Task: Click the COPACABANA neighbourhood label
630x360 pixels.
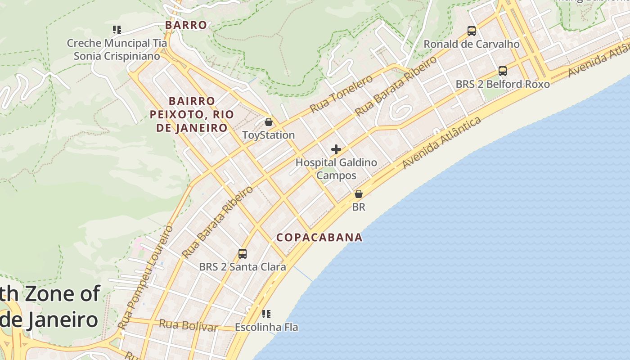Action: [319, 237]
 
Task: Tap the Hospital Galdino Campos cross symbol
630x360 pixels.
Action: [336, 149]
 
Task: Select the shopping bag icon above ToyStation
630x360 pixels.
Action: [269, 122]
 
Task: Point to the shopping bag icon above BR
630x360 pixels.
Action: [359, 194]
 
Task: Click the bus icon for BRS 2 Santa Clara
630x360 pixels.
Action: [243, 254]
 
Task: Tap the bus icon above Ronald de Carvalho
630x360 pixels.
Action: [472, 31]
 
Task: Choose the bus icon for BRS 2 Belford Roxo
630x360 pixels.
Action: [503, 71]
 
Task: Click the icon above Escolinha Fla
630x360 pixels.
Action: [266, 314]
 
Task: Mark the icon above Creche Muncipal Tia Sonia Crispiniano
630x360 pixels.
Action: [117, 30]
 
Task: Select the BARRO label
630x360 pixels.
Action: [186, 25]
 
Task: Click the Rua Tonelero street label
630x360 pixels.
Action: [342, 94]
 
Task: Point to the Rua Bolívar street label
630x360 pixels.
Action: [188, 325]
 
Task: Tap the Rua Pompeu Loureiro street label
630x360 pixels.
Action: [145, 277]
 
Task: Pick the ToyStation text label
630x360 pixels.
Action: [269, 135]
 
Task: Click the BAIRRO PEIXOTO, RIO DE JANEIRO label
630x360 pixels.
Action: [192, 114]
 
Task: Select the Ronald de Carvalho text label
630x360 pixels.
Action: [472, 44]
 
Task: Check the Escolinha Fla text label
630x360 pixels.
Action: [266, 327]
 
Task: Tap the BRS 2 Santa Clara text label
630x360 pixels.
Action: [243, 267]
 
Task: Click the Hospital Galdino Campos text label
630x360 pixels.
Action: [336, 169]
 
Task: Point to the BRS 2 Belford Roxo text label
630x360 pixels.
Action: [503, 84]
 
